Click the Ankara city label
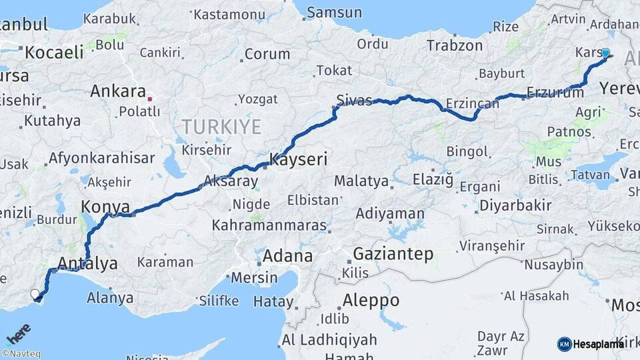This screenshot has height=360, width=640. pyautogui.click(x=118, y=91)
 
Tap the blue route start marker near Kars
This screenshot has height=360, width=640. pyautogui.click(x=605, y=53)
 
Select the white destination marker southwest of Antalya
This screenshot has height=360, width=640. pyautogui.click(x=35, y=293)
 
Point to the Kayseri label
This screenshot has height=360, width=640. pyautogui.click(x=298, y=159)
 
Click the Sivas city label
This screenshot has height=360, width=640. pyautogui.click(x=354, y=101)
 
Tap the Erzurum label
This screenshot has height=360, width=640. pyautogui.click(x=555, y=93)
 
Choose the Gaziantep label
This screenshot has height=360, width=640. pyautogui.click(x=393, y=254)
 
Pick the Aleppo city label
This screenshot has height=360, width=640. pyautogui.click(x=371, y=300)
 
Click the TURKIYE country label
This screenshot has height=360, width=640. pyautogui.click(x=221, y=126)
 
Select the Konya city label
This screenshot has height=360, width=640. pyautogui.click(x=105, y=207)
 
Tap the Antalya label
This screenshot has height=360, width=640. pyautogui.click(x=88, y=263)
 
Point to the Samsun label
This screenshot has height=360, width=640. pyautogui.click(x=335, y=13)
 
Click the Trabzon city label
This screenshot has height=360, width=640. pyautogui.click(x=454, y=46)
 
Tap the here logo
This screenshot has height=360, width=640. pyautogui.click(x=18, y=333)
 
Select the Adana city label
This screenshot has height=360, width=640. pyautogui.click(x=287, y=256)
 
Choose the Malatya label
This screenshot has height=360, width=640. pyautogui.click(x=361, y=181)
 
